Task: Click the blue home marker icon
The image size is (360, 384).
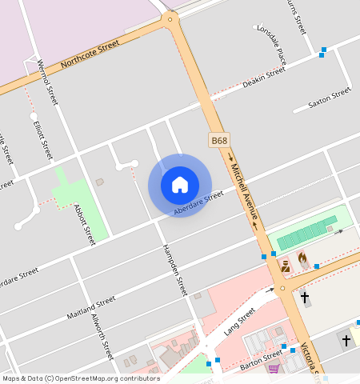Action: coord(180,185)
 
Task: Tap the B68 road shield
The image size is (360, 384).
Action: coord(219,140)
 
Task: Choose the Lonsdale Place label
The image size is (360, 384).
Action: coord(271,43)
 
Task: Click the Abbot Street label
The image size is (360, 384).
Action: coord(84,223)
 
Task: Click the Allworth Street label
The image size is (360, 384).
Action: coord(102,341)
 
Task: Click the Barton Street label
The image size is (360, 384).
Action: coord(261,354)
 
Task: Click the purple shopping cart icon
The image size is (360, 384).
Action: coord(273,369)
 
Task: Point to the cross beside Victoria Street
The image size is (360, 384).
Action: coord(304,298)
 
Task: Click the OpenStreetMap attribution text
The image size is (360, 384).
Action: coord(80,378)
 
